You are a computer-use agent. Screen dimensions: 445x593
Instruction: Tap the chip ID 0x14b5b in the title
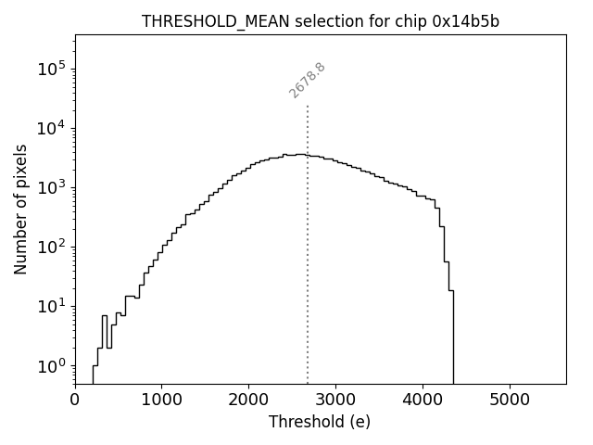[x=465, y=21]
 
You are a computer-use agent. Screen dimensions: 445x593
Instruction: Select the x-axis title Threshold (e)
[x=320, y=422]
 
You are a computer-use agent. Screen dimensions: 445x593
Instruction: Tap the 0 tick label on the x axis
[x=75, y=400]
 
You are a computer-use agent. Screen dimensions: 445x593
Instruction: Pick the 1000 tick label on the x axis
[x=162, y=400]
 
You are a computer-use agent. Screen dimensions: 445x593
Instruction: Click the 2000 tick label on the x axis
[x=248, y=400]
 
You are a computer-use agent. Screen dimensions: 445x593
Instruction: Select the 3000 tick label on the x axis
[x=335, y=400]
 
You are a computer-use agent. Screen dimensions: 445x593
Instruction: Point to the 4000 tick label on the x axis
[x=423, y=400]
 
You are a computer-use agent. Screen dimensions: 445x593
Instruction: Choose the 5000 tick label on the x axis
[x=510, y=400]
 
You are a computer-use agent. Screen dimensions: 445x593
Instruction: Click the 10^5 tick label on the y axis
[x=52, y=69]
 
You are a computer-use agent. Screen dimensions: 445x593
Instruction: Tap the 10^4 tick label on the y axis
[x=52, y=128]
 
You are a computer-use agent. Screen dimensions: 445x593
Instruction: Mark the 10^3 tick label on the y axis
[x=52, y=187]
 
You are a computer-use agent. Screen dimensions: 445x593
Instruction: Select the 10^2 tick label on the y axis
[x=52, y=247]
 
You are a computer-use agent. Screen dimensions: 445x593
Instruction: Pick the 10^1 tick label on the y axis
[x=52, y=306]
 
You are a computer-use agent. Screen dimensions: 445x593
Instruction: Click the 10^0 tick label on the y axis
[x=52, y=365]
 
